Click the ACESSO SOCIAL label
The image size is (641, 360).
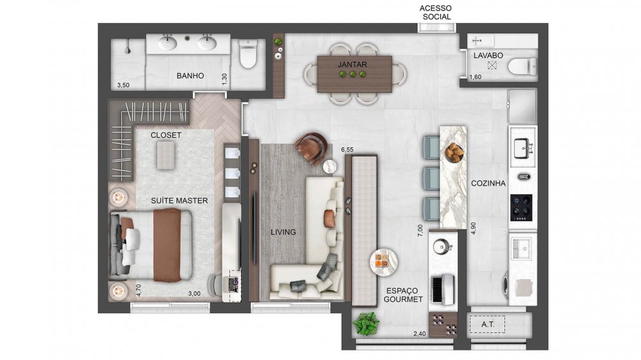click(435, 12)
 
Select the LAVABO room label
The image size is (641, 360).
click(487, 56)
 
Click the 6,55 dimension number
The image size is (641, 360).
click(347, 149)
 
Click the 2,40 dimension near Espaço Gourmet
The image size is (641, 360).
click(420, 334)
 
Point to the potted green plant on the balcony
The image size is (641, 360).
click(366, 323)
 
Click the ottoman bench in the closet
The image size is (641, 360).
click(165, 154)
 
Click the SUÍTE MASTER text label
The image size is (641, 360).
click(179, 200)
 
